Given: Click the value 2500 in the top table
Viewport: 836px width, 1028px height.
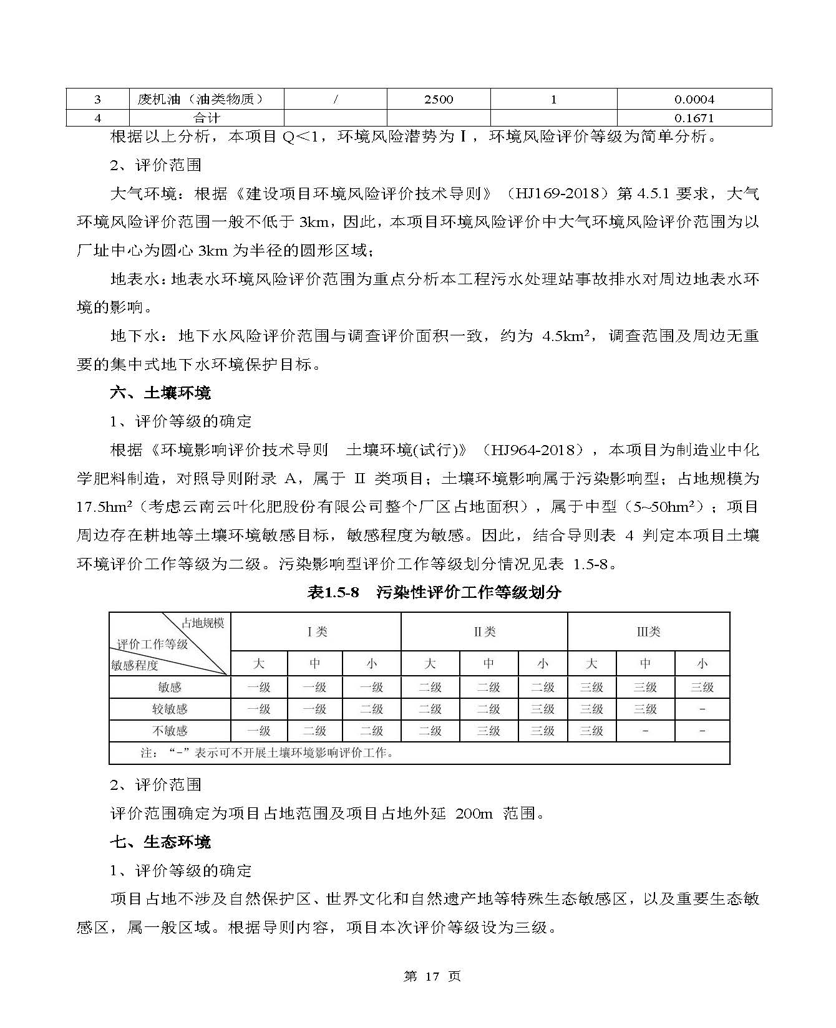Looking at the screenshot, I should click(x=438, y=99).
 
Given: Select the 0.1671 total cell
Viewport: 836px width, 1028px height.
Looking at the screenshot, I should click(x=694, y=118).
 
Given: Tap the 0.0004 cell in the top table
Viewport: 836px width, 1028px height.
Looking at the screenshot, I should click(x=694, y=99).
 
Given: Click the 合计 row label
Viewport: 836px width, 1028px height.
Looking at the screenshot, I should click(x=206, y=118).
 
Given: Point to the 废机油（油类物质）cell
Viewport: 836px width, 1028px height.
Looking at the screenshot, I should click(x=200, y=99).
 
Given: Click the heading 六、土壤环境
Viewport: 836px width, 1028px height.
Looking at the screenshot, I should click(x=160, y=393).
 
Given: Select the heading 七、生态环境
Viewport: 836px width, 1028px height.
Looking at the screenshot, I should click(x=160, y=842).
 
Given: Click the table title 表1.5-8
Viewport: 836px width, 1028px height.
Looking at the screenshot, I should click(x=333, y=592).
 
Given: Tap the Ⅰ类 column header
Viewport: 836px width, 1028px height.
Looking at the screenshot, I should click(x=316, y=632).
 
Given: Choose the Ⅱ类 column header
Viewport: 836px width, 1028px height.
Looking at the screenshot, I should click(x=484, y=632).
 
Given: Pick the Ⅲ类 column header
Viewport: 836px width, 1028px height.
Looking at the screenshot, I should click(x=648, y=632).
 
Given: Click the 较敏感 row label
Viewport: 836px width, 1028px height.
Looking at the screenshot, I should click(x=170, y=709).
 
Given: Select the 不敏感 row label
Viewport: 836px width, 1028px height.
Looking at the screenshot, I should click(x=170, y=731).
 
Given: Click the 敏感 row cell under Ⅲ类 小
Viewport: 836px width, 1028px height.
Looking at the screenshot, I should click(x=702, y=688).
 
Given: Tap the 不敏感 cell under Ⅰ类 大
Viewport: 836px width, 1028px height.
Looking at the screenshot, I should click(x=259, y=731).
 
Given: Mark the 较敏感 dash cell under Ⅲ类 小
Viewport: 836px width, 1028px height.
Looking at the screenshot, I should click(x=702, y=709).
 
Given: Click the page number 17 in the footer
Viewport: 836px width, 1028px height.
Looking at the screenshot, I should click(x=431, y=977).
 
